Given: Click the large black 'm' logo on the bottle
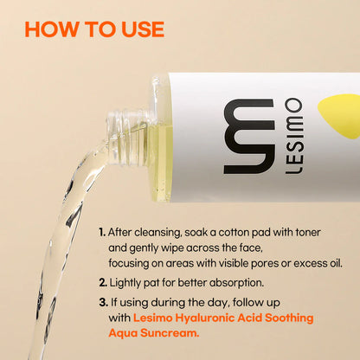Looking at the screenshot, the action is click(249, 136).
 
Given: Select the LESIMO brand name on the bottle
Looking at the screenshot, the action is click(294, 136).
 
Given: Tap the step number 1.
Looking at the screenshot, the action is click(102, 232).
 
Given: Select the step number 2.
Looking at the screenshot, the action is click(103, 283).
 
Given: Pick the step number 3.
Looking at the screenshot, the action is click(104, 303).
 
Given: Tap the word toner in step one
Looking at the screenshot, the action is click(308, 232).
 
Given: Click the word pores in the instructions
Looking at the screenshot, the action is click(265, 264).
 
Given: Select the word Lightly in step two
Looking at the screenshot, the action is click(125, 283).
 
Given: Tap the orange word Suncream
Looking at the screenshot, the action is click(170, 333).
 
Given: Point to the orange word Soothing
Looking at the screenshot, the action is click(289, 318).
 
